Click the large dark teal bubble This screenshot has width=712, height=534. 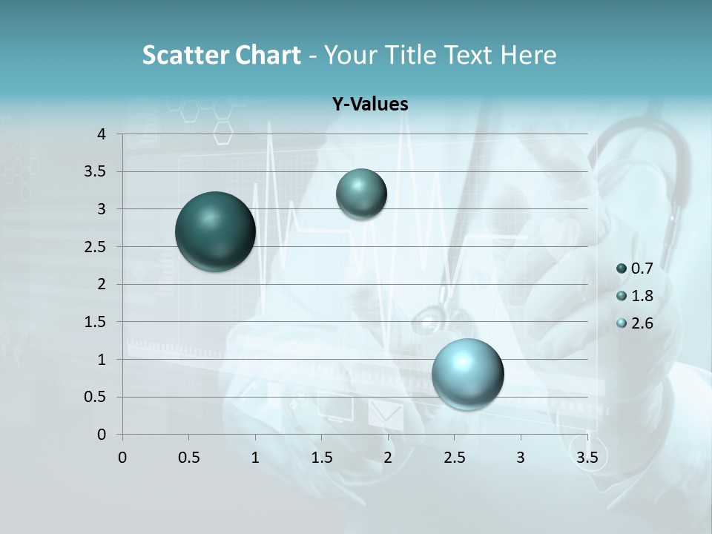pos(215,231)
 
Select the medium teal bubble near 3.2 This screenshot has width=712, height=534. pos(361,194)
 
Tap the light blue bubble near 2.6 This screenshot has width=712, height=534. pos(467,374)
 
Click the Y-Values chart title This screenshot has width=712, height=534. pos(370,105)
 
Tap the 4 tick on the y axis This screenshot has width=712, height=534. pos(101,134)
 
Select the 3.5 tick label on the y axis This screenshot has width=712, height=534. pos(96,172)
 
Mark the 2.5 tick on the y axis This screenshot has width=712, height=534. pos(96,247)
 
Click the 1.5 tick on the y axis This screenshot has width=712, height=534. pos(96,322)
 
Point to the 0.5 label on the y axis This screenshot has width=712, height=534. pos(96,397)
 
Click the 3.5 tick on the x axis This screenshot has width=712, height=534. pos(587,457)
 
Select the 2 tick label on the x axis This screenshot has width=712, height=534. pos(388,457)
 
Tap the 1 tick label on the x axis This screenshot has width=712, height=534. pos(255,457)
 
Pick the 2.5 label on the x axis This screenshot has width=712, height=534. pos(455,457)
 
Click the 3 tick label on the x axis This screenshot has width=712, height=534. pos(521,457)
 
